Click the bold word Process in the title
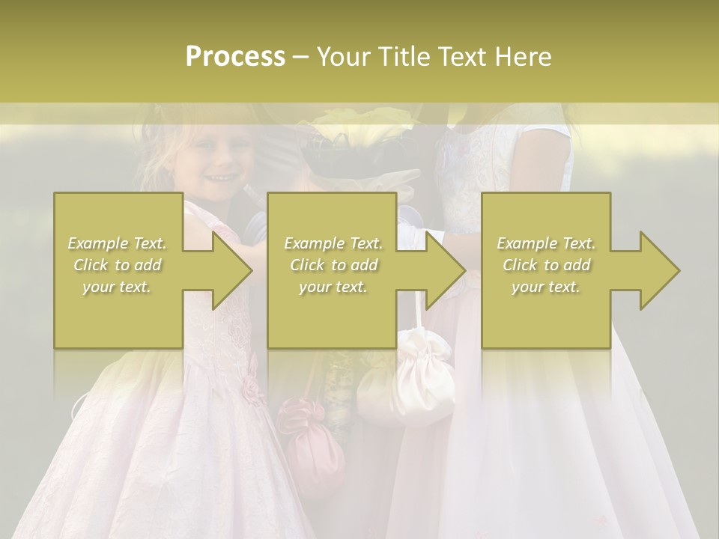pyautogui.click(x=235, y=57)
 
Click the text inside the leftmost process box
pyautogui.click(x=118, y=265)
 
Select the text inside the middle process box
pyautogui.click(x=333, y=265)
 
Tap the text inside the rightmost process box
pyautogui.click(x=546, y=265)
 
